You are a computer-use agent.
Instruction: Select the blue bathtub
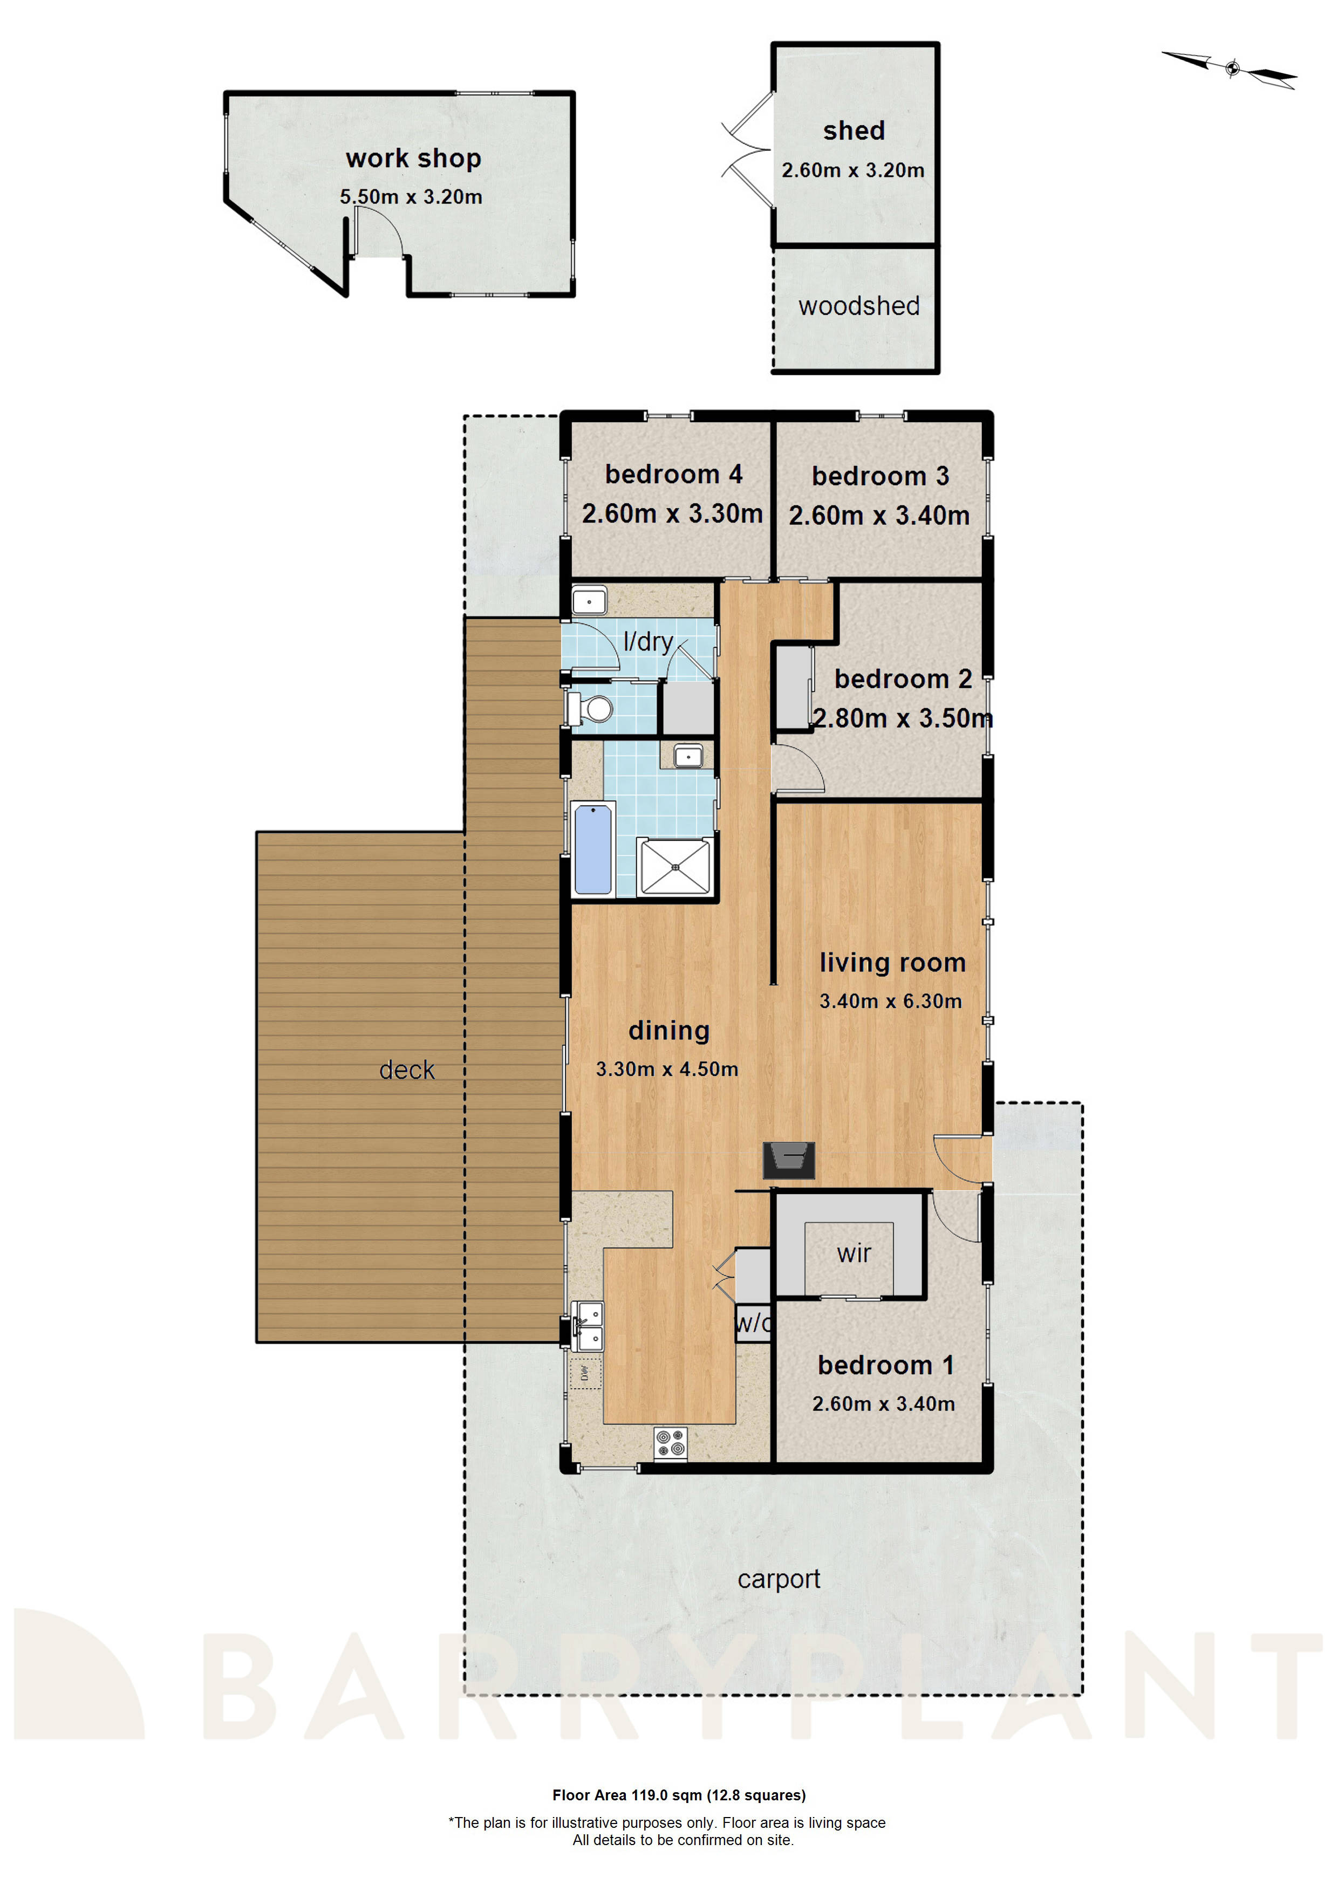(x=593, y=849)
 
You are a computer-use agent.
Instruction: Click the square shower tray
(x=675, y=866)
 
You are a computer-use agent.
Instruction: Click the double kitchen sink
(x=588, y=1327)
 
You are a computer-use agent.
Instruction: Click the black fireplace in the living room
(x=789, y=1160)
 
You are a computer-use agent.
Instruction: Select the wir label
(x=854, y=1254)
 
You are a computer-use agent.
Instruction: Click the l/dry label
(x=648, y=641)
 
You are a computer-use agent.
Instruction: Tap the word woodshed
(x=858, y=306)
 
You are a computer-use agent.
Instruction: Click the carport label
(x=778, y=1579)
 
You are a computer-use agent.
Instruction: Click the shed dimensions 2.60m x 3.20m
(x=852, y=170)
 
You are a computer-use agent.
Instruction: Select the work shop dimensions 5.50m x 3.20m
(x=411, y=197)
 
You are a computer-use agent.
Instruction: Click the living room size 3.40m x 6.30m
(x=890, y=1001)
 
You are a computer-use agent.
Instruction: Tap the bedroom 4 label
(x=673, y=474)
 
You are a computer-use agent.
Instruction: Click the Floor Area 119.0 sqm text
(x=679, y=1795)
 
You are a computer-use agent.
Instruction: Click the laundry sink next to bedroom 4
(x=590, y=601)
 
